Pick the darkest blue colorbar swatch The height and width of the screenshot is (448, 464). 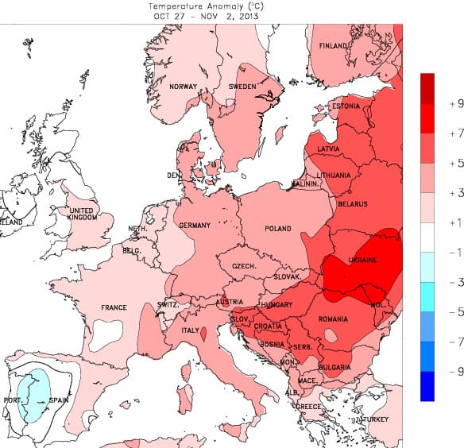click(427, 386)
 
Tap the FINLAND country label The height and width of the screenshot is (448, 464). click(334, 46)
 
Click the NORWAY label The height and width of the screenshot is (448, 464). click(184, 87)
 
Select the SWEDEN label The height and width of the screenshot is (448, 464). click(242, 86)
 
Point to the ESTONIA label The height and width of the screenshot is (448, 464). click(346, 106)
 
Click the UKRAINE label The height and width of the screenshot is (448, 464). click(362, 260)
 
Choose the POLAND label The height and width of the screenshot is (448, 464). click(279, 228)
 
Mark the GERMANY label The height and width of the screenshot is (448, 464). click(195, 226)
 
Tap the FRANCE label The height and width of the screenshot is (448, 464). click(114, 307)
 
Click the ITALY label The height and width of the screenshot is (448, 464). click(191, 330)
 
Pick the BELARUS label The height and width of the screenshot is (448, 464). click(353, 204)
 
